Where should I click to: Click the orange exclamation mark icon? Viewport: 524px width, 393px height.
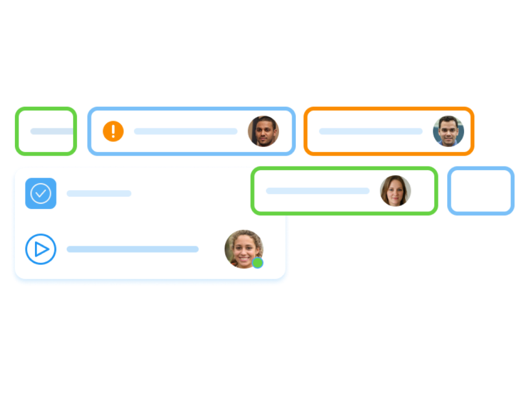(x=113, y=131)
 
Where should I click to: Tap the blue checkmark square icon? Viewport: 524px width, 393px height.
(x=41, y=193)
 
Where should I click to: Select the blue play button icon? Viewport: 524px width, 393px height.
(x=41, y=249)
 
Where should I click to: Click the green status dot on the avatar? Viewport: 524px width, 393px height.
(x=258, y=262)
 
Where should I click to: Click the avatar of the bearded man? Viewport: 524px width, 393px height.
(x=263, y=131)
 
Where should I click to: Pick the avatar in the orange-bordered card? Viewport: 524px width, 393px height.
(x=448, y=131)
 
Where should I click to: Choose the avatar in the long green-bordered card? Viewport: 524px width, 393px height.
(x=395, y=191)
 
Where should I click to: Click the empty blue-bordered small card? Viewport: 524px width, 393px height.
(x=481, y=191)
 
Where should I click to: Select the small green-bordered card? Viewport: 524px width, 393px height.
(x=46, y=131)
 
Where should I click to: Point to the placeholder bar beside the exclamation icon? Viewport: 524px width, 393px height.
(x=185, y=131)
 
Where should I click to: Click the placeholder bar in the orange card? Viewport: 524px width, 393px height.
(x=370, y=131)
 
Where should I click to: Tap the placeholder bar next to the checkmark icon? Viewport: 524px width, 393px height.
(x=99, y=193)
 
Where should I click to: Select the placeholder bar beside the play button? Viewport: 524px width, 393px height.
(x=133, y=249)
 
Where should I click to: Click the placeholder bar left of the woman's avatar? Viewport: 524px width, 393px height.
(x=318, y=191)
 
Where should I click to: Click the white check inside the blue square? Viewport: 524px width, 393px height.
(x=41, y=193)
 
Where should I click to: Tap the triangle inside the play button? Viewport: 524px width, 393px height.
(x=42, y=249)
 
